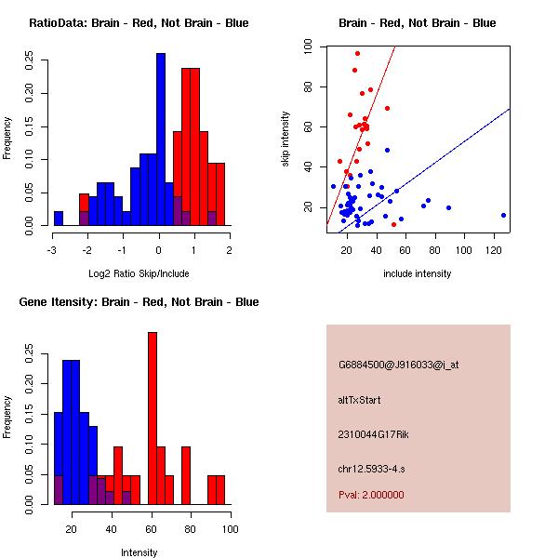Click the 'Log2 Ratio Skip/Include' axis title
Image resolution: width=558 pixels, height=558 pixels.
click(139, 273)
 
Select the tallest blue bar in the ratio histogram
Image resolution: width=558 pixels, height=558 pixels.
click(160, 139)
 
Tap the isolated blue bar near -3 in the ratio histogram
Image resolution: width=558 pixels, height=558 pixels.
click(59, 219)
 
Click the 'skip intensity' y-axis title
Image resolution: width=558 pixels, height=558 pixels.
click(286, 139)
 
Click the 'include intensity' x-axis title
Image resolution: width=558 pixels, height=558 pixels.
click(418, 273)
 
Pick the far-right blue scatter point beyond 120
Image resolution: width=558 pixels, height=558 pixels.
click(503, 215)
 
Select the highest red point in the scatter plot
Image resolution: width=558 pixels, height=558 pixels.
click(357, 54)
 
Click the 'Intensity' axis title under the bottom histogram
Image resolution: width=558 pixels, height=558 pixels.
click(139, 552)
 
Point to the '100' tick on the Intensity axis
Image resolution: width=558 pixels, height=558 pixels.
click(230, 529)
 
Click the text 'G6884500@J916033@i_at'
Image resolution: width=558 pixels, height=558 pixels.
click(399, 365)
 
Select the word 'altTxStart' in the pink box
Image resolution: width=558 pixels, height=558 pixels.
click(360, 400)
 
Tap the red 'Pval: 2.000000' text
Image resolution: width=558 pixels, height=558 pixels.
click(371, 495)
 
